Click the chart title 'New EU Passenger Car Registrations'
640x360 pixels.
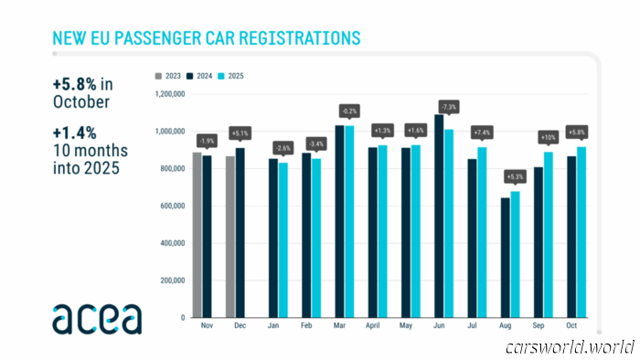coord(206,38)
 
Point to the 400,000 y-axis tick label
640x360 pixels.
coord(171,243)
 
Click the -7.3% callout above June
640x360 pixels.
coord(449,106)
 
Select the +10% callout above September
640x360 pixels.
coord(548,138)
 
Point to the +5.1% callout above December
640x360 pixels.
coord(240,133)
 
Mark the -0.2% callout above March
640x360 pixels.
coord(348,111)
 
